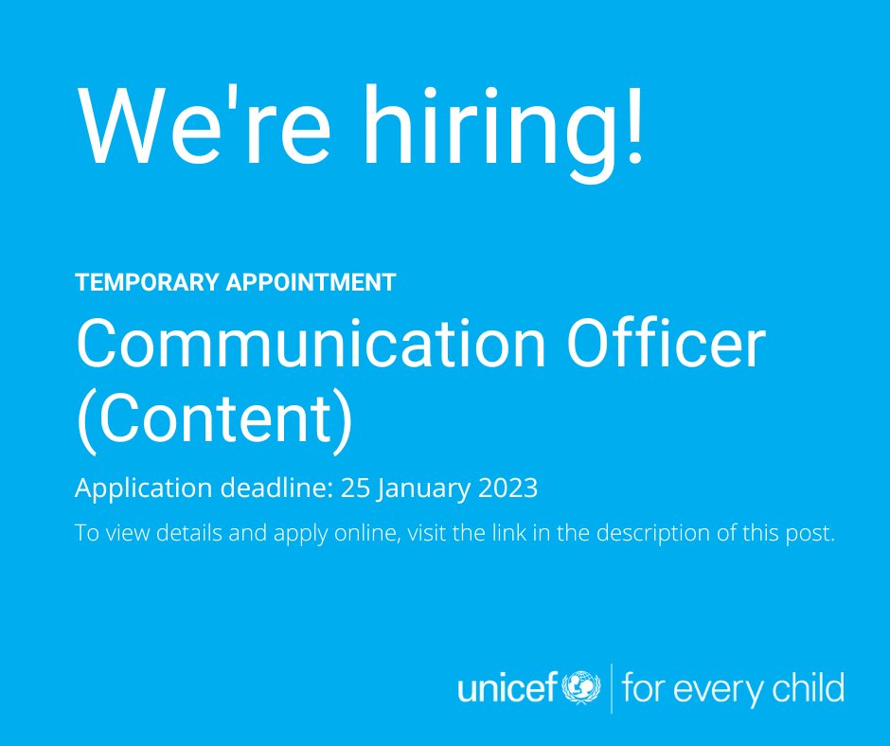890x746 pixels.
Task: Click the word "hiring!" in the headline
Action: pyautogui.click(x=498, y=127)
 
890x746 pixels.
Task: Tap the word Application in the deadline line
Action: pyautogui.click(x=143, y=488)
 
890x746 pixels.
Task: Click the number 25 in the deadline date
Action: pyautogui.click(x=354, y=488)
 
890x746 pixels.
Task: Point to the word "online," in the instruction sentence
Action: pyautogui.click(x=371, y=533)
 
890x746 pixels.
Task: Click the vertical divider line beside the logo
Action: pyautogui.click(x=612, y=687)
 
